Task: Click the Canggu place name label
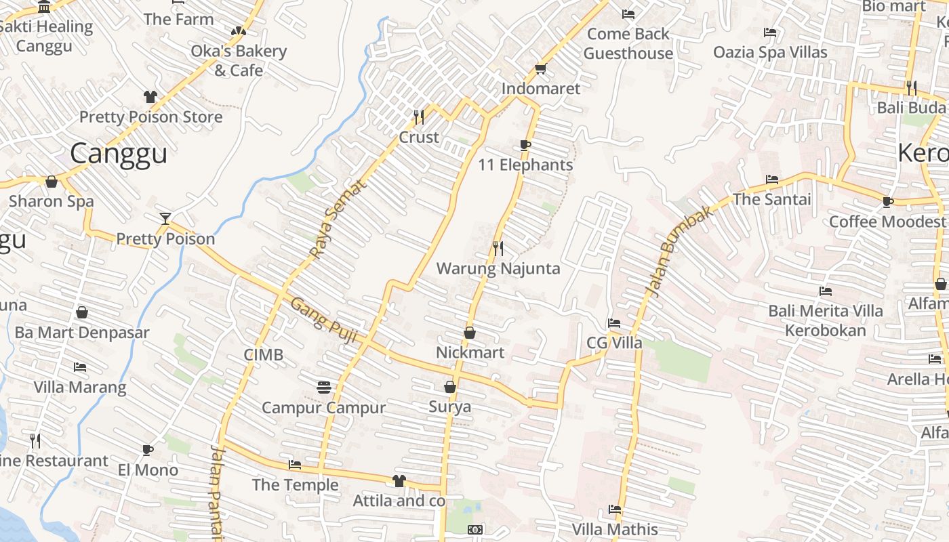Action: (119, 154)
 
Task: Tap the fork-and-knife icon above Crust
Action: (419, 117)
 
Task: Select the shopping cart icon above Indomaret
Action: (540, 69)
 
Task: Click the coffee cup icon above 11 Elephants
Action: (525, 145)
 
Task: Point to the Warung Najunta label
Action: (498, 268)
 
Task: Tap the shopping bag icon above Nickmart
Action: (469, 333)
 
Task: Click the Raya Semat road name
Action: (337, 219)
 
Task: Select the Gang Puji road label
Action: (323, 320)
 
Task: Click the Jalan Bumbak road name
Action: (679, 250)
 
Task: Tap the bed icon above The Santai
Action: (771, 180)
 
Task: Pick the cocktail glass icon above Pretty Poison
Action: (165, 218)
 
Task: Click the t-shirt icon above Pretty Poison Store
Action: (150, 97)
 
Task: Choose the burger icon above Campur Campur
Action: (324, 387)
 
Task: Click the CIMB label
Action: (264, 355)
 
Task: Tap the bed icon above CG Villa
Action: (613, 323)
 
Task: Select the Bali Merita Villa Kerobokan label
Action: (826, 320)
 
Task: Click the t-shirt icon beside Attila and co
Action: (399, 481)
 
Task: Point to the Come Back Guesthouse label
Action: (628, 43)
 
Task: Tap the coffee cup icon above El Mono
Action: (148, 450)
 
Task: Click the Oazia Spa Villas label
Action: (770, 52)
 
